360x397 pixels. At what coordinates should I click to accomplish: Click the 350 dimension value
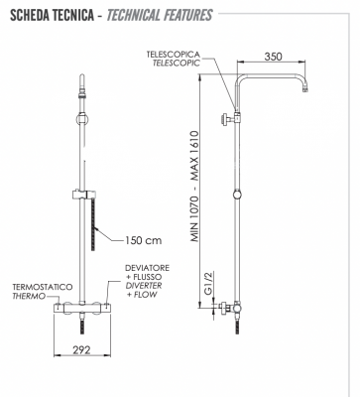click(x=275, y=57)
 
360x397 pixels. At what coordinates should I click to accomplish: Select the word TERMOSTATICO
click(x=42, y=286)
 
